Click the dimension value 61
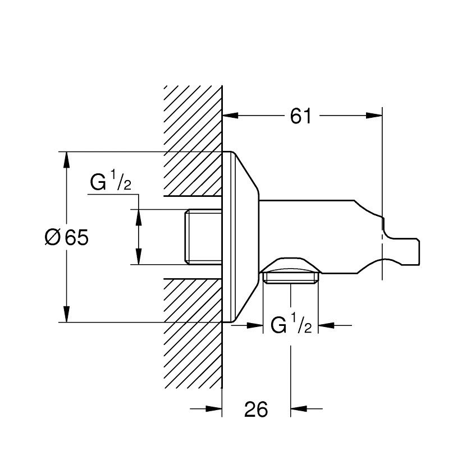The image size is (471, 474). pyautogui.click(x=301, y=116)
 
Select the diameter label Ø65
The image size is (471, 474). pyautogui.click(x=66, y=237)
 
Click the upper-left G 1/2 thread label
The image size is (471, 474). pyautogui.click(x=111, y=183)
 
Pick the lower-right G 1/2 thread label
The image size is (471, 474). pyautogui.click(x=291, y=325)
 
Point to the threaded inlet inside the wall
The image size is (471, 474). pyautogui.click(x=203, y=237)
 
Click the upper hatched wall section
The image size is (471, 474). pyautogui.click(x=193, y=140)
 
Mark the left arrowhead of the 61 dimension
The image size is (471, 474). pyautogui.click(x=231, y=116)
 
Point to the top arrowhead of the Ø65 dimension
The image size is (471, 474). pyautogui.click(x=67, y=159)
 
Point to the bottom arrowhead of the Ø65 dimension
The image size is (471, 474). pyautogui.click(x=67, y=314)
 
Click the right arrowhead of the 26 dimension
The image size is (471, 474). pyautogui.click(x=298, y=409)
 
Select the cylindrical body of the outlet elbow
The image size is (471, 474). pyautogui.click(x=314, y=236)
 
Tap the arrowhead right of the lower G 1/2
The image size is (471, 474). pyautogui.click(x=326, y=324)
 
